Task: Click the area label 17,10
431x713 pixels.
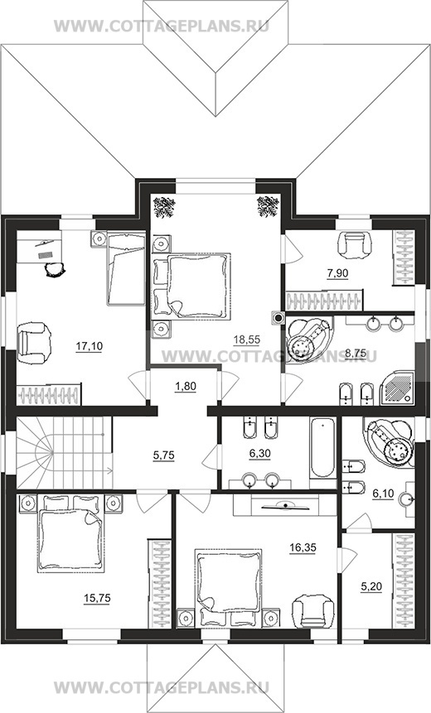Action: (90, 346)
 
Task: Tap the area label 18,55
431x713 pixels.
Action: (247, 339)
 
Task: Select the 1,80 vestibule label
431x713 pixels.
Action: (185, 387)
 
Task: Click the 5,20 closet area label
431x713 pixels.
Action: (371, 587)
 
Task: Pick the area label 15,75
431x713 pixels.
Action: (98, 598)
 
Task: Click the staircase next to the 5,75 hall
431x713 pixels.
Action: (64, 453)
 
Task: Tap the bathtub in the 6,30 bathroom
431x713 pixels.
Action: (322, 447)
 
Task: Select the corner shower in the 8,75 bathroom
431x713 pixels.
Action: (397, 388)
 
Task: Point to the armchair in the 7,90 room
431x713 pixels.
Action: (354, 245)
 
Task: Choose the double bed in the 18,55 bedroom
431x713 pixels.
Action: (191, 286)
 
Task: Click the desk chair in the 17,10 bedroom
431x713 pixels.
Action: (54, 270)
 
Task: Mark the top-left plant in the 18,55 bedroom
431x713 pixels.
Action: (164, 207)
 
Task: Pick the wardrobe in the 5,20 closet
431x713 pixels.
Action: (404, 581)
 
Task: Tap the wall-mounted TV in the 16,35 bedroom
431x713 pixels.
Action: (284, 505)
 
